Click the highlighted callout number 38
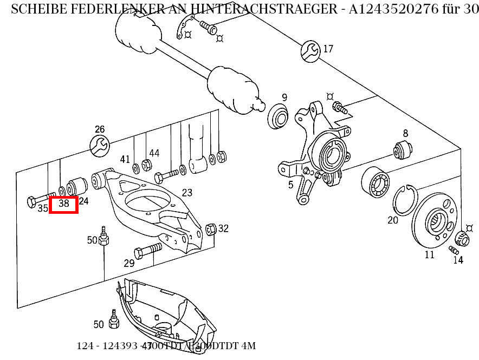click(64, 204)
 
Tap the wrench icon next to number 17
click(310, 50)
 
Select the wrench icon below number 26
click(100, 145)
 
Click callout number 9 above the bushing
click(284, 98)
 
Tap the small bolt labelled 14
click(454, 250)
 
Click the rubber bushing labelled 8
click(403, 150)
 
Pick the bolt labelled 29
click(147, 250)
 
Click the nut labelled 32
click(211, 230)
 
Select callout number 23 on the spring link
click(187, 193)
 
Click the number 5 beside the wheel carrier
click(290, 185)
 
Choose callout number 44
click(154, 153)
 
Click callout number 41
click(125, 159)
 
